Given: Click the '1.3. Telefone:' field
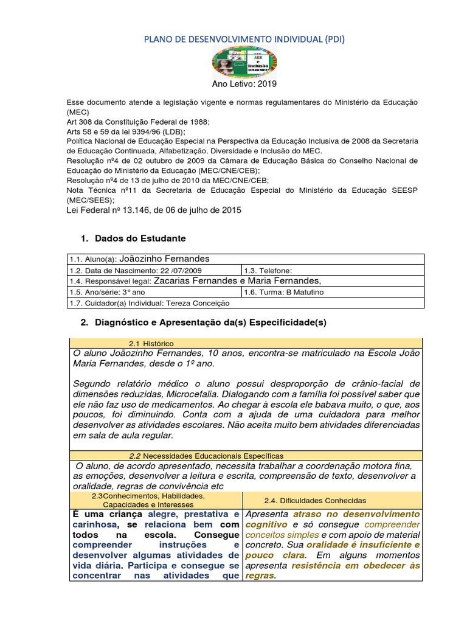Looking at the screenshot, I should coord(268,270).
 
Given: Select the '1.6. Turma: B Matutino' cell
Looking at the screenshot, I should coord(284,292).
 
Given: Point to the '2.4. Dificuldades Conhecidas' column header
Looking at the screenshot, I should coord(315,500).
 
